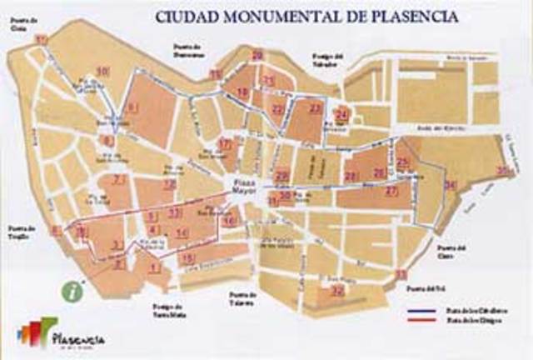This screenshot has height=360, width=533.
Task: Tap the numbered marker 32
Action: pyautogui.click(x=337, y=291)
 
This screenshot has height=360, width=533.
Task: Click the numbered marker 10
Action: pyautogui.click(x=102, y=72)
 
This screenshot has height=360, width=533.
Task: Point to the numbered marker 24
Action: pyautogui.click(x=341, y=114)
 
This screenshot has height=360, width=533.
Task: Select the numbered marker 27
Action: pyautogui.click(x=391, y=191)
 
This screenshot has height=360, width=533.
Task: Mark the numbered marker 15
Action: pyautogui.click(x=187, y=259)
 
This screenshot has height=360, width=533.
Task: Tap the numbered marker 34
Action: pyautogui.click(x=451, y=184)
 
